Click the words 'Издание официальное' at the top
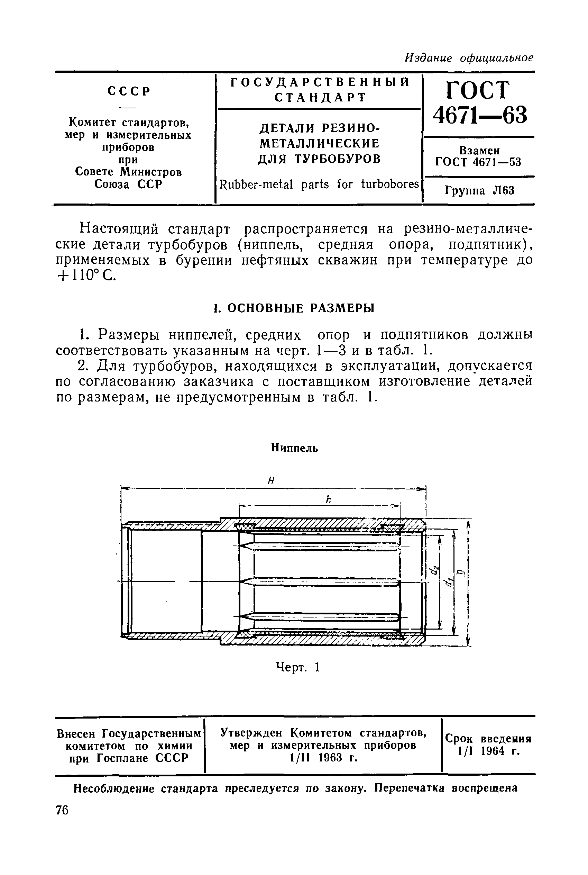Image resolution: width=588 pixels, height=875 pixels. pyautogui.click(x=469, y=58)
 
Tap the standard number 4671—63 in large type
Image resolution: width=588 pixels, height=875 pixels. pyautogui.click(x=480, y=115)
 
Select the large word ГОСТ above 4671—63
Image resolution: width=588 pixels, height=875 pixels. pyautogui.click(x=478, y=90)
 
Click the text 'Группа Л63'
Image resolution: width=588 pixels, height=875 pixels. pyautogui.click(x=480, y=191)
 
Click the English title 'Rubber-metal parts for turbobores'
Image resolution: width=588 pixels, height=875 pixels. pyautogui.click(x=319, y=184)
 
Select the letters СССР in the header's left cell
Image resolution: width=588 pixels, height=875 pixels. pyautogui.click(x=129, y=91)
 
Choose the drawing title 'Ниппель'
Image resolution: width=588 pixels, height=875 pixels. pyautogui.click(x=294, y=448)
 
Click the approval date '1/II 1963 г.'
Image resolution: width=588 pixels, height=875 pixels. pyautogui.click(x=323, y=758)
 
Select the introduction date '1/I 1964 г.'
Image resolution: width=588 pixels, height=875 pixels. pyautogui.click(x=488, y=751)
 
